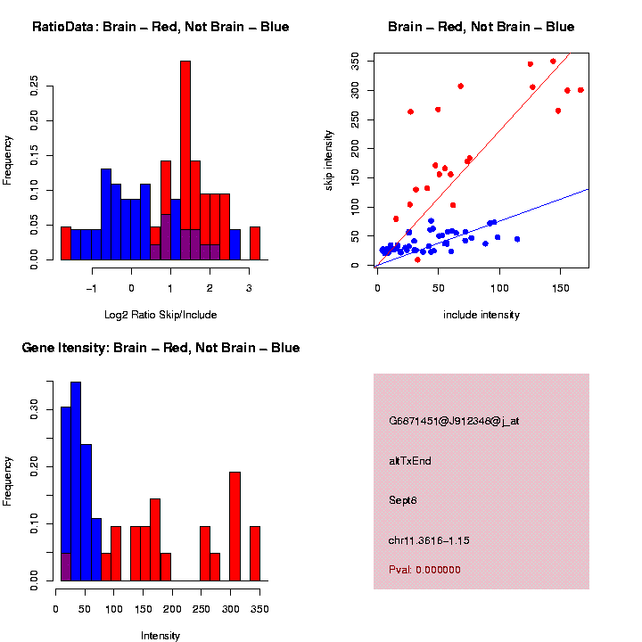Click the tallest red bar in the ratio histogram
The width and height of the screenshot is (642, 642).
[185, 160]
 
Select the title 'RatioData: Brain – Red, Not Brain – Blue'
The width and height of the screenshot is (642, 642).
[160, 27]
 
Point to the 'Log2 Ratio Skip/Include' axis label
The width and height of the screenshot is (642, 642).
[160, 314]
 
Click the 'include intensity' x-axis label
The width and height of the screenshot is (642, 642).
[481, 315]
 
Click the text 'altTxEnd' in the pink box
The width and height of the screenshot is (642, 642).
[409, 461]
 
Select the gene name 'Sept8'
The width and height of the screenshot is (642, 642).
[403, 500]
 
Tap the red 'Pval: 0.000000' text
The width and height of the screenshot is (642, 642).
[424, 570]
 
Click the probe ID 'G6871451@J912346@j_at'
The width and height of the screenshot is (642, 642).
[454, 421]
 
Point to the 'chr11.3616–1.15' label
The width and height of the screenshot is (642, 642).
[429, 540]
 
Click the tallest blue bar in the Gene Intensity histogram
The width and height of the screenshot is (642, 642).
[76, 481]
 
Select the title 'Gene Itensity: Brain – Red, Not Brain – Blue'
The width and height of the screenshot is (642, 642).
[160, 348]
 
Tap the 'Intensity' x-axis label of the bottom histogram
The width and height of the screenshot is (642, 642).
[160, 636]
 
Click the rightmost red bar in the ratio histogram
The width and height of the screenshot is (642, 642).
[254, 243]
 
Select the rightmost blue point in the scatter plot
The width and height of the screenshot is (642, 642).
[517, 239]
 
